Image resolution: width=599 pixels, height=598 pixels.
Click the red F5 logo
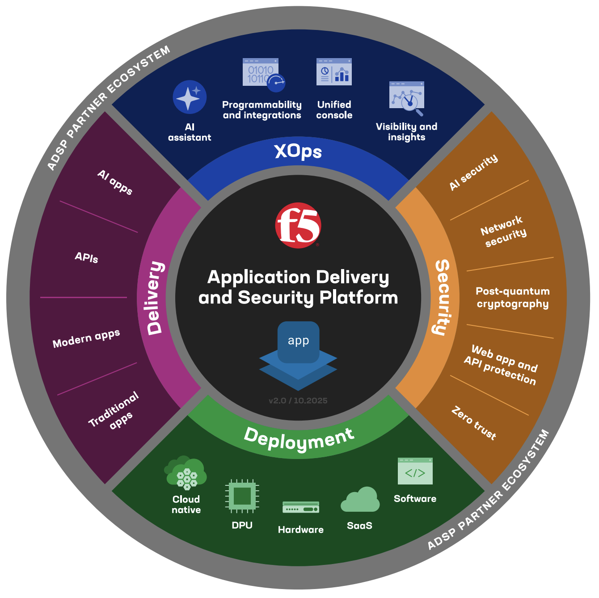(298, 226)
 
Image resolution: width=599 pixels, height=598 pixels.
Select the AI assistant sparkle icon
(190, 97)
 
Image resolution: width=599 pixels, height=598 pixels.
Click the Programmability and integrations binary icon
(263, 74)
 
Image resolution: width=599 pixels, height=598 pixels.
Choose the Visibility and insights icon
(407, 97)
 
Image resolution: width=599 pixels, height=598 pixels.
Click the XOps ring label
(298, 152)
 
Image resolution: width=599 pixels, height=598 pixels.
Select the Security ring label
(443, 298)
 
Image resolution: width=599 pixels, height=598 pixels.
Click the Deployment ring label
(299, 439)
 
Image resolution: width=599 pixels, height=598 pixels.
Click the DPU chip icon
(242, 496)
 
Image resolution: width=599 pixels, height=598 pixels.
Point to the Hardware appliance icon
(301, 507)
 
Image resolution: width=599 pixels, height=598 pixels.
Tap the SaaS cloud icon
(360, 500)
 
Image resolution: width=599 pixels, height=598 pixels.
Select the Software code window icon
(415, 471)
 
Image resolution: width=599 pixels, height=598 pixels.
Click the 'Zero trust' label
(474, 423)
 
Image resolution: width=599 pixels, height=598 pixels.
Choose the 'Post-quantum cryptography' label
(512, 298)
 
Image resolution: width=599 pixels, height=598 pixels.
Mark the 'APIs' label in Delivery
(86, 257)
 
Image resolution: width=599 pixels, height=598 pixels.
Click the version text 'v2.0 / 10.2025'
(298, 400)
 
